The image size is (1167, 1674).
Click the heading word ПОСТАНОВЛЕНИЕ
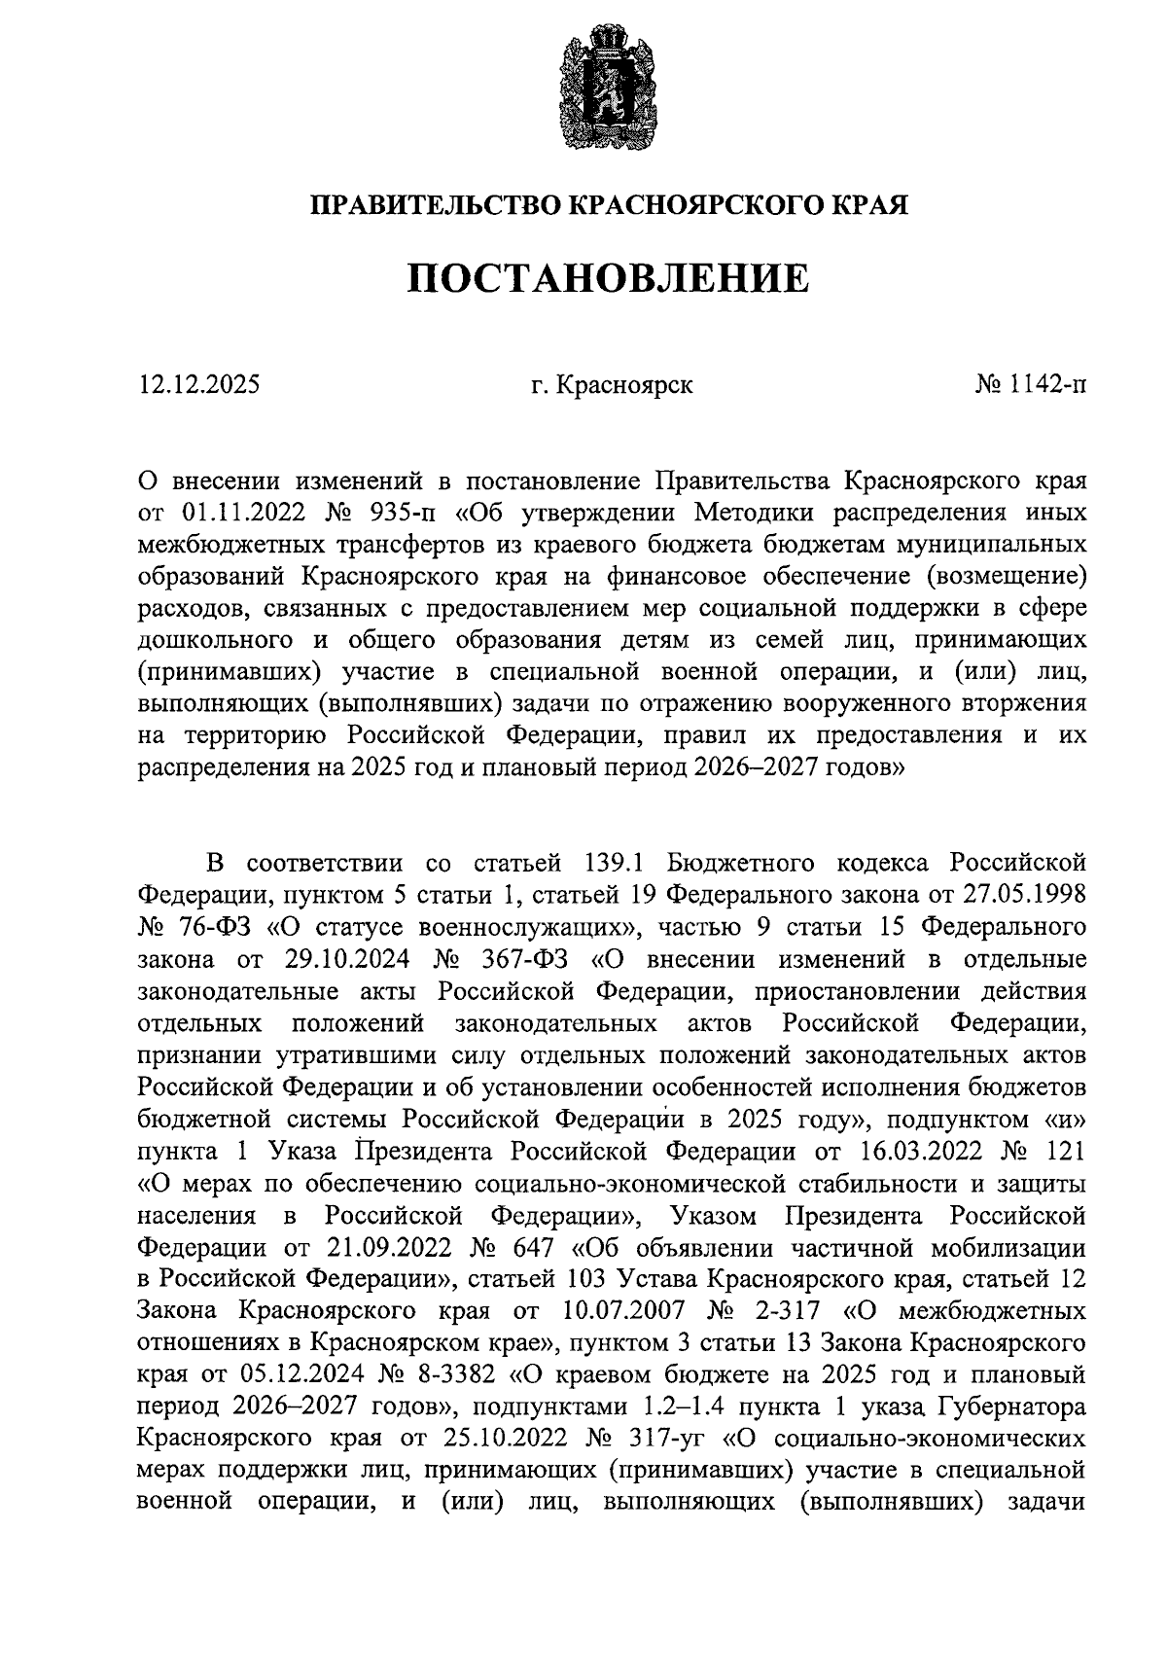click(x=607, y=278)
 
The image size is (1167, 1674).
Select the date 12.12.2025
click(x=199, y=385)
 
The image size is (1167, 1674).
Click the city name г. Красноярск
click(x=612, y=385)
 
